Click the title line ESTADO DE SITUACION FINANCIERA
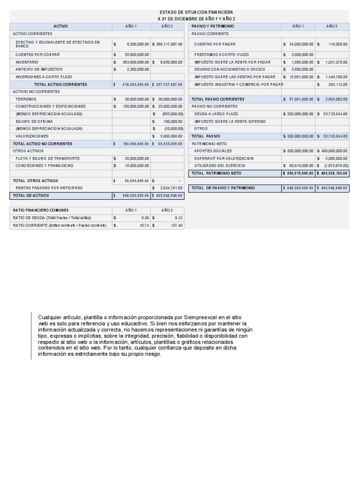point(196,12)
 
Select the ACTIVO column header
point(60,26)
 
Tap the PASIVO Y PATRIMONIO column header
point(213,26)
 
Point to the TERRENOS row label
point(26,99)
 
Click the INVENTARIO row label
point(27,62)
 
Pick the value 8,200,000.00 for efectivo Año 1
point(137,44)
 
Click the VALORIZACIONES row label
point(32,136)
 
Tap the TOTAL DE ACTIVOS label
point(31,195)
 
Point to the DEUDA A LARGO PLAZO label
point(216,114)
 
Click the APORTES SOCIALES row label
point(213,151)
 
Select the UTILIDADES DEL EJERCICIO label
point(217,166)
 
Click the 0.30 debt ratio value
point(145,218)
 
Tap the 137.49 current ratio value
point(177,225)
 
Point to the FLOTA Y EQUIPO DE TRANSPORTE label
point(47,158)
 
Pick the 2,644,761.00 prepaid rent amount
point(169,188)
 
